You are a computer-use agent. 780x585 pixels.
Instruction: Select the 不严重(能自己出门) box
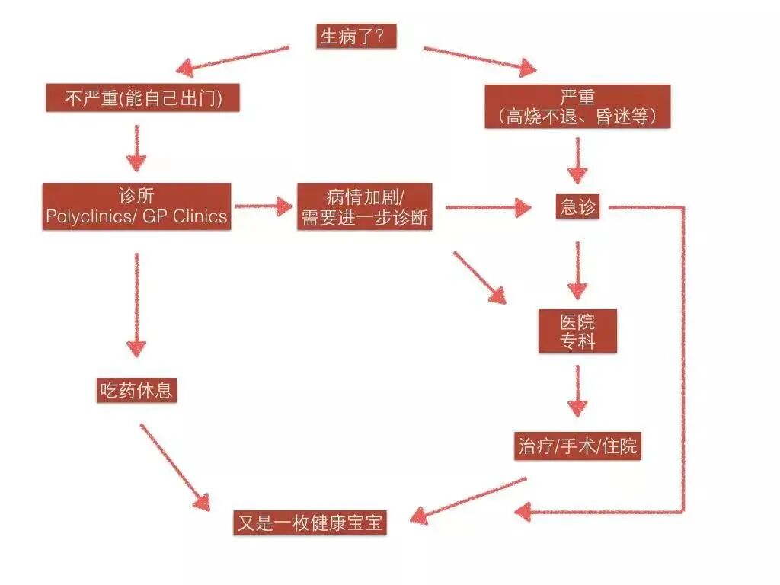pyautogui.click(x=142, y=98)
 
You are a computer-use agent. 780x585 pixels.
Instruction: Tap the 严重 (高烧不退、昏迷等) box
pyautogui.click(x=577, y=107)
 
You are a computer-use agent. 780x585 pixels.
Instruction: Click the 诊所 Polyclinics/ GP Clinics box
pyautogui.click(x=136, y=206)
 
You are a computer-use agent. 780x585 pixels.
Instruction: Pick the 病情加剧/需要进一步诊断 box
pyautogui.click(x=364, y=206)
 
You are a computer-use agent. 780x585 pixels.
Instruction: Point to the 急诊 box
pyautogui.click(x=577, y=206)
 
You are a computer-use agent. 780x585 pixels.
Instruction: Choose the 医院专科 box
pyautogui.click(x=577, y=331)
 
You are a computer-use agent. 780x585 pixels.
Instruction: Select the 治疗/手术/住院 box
pyautogui.click(x=577, y=446)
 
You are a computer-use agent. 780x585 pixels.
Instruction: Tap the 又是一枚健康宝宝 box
pyautogui.click(x=310, y=523)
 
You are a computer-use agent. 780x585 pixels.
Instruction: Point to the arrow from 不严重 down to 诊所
pyautogui.click(x=136, y=147)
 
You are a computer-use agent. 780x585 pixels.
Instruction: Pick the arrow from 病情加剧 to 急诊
pyautogui.click(x=487, y=206)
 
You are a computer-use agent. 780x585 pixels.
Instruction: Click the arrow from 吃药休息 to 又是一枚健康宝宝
pyautogui.click(x=174, y=465)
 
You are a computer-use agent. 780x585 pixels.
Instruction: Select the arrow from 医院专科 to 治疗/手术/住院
pyautogui.click(x=577, y=391)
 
